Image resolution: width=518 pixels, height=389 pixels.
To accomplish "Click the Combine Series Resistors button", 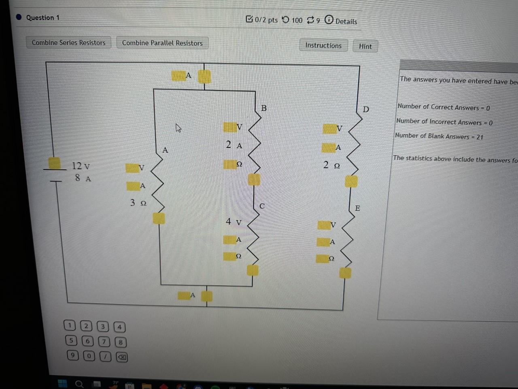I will pyautogui.click(x=68, y=43).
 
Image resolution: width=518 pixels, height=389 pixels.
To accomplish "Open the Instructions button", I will pyautogui.click(x=323, y=45).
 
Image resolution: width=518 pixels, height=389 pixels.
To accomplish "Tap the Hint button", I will pyautogui.click(x=365, y=47).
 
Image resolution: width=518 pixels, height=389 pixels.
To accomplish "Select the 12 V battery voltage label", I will pyautogui.click(x=81, y=166).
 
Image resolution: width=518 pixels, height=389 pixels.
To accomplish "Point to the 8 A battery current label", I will pyautogui.click(x=83, y=178).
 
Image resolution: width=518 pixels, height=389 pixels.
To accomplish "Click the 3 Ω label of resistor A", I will pyautogui.click(x=138, y=203).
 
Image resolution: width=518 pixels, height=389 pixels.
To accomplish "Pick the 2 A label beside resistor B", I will pyautogui.click(x=234, y=145).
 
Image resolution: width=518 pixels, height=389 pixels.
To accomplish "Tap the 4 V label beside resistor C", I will pyautogui.click(x=234, y=222).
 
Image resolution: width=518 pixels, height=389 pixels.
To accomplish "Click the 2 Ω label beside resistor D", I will pyautogui.click(x=331, y=165).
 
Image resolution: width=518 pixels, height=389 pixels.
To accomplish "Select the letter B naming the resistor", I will pyautogui.click(x=264, y=108).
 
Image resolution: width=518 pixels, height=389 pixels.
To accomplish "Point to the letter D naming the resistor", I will pyautogui.click(x=366, y=109).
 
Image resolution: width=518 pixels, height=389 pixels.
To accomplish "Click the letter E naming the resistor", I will pyautogui.click(x=357, y=208).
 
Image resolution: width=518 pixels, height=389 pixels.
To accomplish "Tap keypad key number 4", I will pyautogui.click(x=119, y=327).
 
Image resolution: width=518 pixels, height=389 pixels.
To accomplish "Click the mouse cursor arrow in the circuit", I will pyautogui.click(x=178, y=128).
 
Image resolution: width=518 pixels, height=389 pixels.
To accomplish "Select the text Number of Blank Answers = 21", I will pyautogui.click(x=439, y=136).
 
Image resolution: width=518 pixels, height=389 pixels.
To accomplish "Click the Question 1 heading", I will pyautogui.click(x=42, y=17).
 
